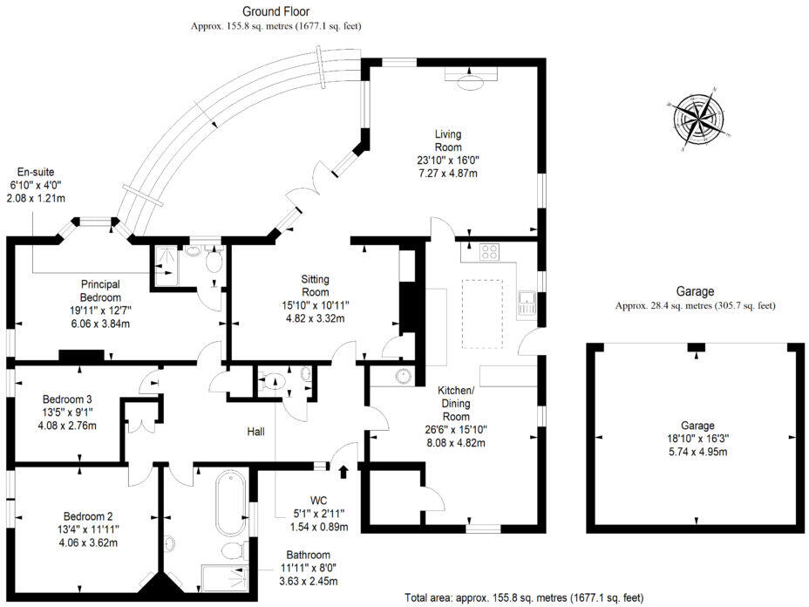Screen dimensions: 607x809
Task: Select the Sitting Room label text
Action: (x=315, y=285)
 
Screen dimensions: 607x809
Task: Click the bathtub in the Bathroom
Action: (x=230, y=501)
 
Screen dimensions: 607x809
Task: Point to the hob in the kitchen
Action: (x=488, y=252)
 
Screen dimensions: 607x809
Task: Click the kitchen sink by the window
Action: (x=526, y=303)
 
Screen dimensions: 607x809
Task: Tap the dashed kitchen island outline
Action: (x=482, y=313)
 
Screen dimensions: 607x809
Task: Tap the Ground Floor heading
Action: (x=275, y=11)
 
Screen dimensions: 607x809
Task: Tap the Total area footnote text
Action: (x=524, y=597)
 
